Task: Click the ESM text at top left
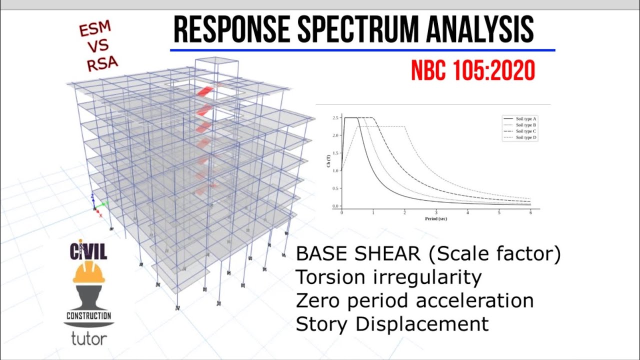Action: (x=94, y=30)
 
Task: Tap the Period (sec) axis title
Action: (x=435, y=219)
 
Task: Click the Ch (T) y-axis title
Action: (x=328, y=162)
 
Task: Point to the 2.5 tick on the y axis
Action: (x=335, y=118)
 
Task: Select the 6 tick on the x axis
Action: (x=530, y=213)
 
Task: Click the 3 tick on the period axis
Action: (x=436, y=213)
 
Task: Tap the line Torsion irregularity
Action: (x=388, y=276)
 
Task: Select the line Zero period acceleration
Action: (x=414, y=300)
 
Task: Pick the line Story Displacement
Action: (x=392, y=324)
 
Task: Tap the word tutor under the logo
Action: (x=88, y=338)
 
